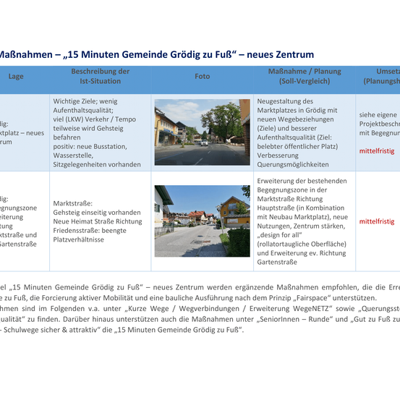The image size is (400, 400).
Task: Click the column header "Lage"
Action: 15,76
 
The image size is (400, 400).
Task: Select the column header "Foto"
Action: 202,76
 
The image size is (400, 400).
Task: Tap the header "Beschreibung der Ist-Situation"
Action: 101,76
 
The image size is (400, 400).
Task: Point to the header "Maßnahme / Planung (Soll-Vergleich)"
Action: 304,76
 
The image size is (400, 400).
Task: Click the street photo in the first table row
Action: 202,132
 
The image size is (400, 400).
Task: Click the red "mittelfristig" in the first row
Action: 377,151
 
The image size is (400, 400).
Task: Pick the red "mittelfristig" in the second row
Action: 377,221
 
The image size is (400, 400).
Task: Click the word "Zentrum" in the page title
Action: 293,54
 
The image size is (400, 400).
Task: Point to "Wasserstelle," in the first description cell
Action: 75,155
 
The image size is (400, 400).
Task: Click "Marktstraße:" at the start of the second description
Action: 73,203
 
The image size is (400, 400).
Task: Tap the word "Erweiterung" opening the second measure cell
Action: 279,180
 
